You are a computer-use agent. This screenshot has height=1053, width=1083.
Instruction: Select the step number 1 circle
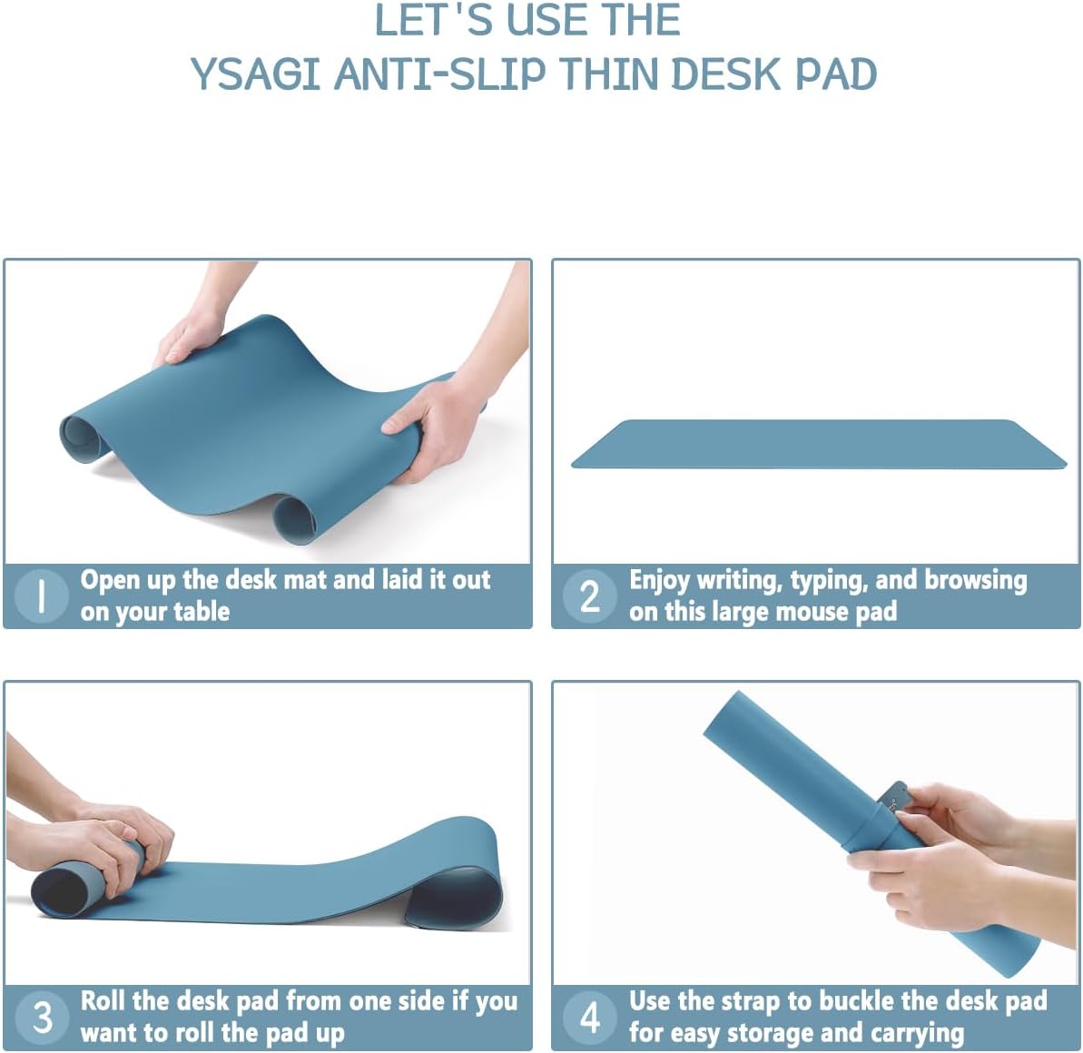[x=42, y=595]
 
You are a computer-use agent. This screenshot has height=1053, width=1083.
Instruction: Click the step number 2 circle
[x=590, y=596]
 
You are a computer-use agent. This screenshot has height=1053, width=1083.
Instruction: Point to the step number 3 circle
[x=43, y=1017]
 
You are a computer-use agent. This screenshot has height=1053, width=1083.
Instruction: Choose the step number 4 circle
[x=590, y=1017]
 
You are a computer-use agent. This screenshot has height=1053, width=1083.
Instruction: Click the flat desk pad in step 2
[x=817, y=444]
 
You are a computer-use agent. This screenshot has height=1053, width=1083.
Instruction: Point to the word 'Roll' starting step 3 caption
[x=103, y=1000]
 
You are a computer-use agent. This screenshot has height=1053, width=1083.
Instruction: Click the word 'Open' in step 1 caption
[x=110, y=580]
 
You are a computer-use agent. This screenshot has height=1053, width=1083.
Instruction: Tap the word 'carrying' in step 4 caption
[x=917, y=1033]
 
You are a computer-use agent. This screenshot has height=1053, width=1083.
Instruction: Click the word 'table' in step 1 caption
[x=201, y=612]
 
